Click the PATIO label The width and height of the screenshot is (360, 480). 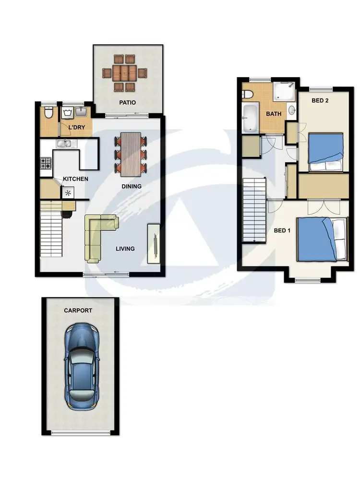(128, 103)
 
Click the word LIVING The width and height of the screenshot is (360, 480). (125, 249)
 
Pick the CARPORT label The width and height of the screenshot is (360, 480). (78, 311)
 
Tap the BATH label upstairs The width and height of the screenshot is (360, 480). (274, 114)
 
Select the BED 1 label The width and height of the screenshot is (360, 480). (282, 230)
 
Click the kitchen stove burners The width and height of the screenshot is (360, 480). (46, 164)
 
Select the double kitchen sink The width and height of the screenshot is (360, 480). (64, 143)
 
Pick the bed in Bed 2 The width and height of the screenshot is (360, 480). (326, 152)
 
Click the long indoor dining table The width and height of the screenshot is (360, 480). (130, 154)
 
